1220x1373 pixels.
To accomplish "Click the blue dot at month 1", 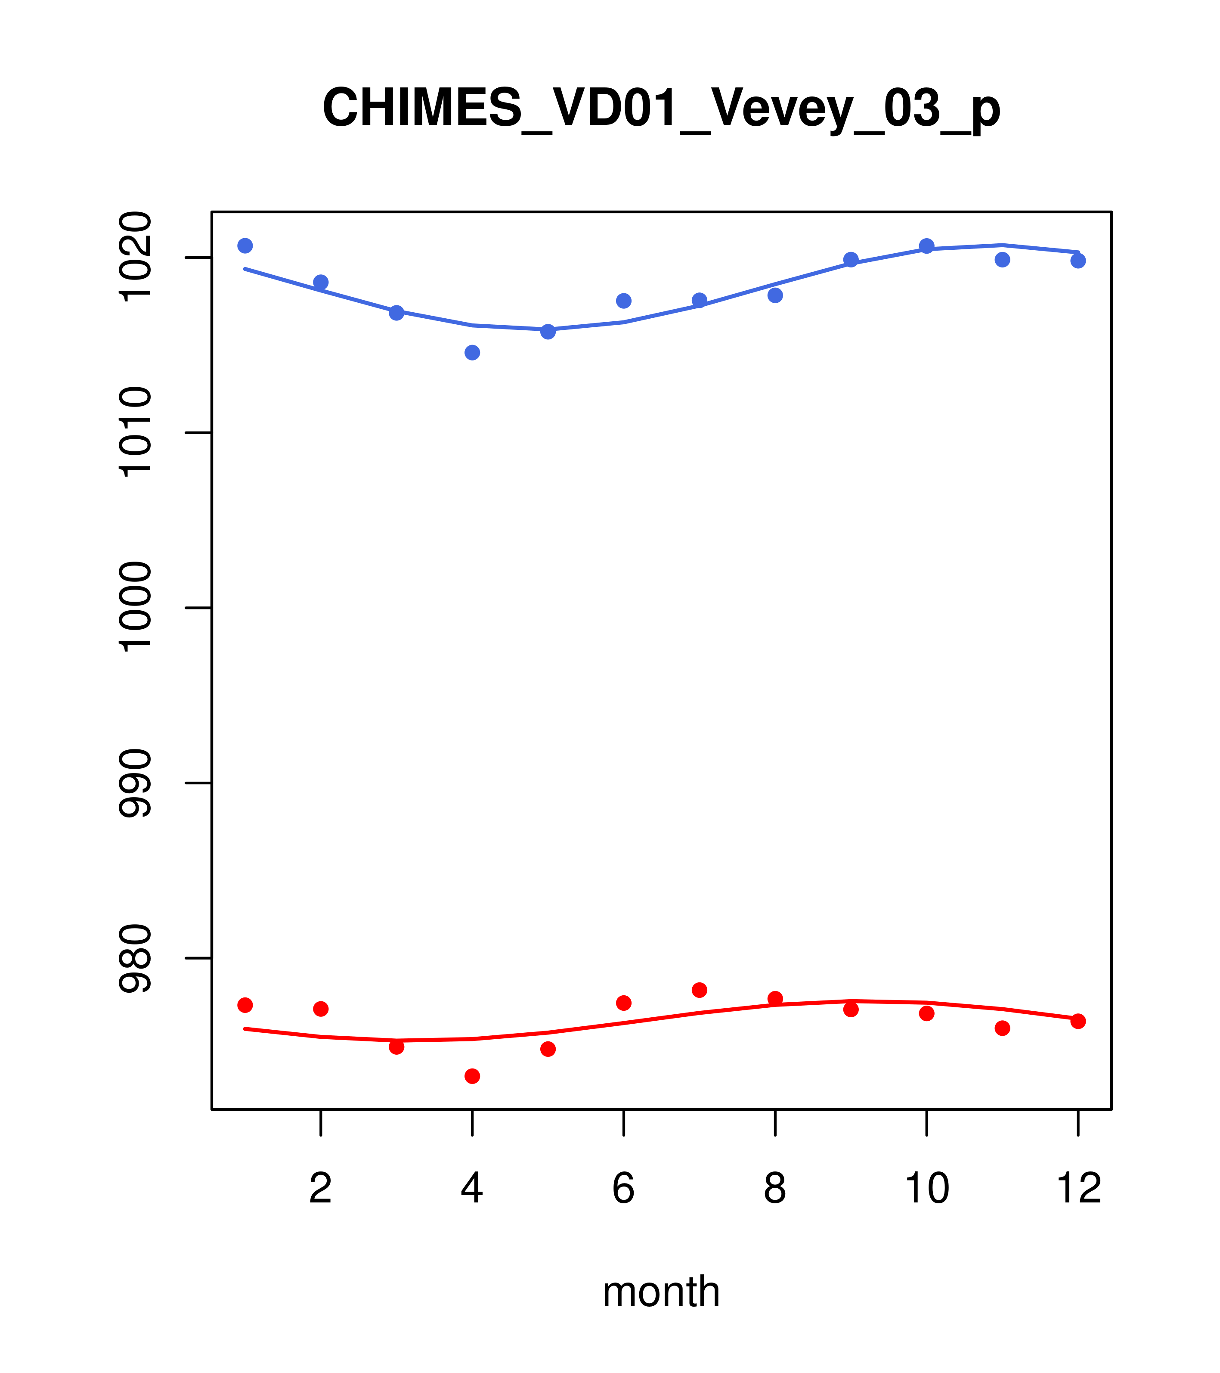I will click(x=245, y=246).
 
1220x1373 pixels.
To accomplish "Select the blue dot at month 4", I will click(x=473, y=353).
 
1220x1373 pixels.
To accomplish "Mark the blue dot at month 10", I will click(x=926, y=246).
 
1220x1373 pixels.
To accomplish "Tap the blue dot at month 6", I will click(x=624, y=301).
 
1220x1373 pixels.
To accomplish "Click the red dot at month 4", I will click(x=473, y=1076).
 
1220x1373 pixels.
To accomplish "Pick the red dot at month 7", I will click(x=700, y=990).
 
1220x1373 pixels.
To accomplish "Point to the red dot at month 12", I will click(x=1078, y=1021).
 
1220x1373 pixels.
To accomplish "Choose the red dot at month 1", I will click(x=245, y=1005).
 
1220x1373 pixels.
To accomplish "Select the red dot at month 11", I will click(x=1003, y=1028).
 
